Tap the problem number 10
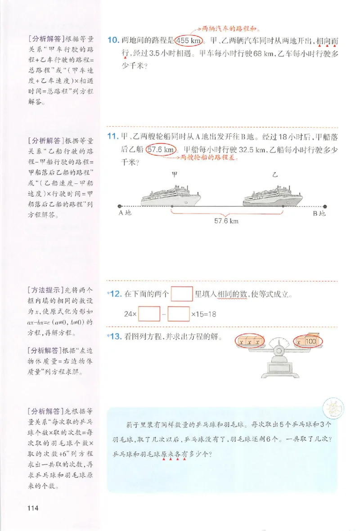113,40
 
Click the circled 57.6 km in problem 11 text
160,150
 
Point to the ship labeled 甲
171,196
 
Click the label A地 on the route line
125,213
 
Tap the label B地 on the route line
319,214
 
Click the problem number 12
116,295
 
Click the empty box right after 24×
149,313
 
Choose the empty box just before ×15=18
178,313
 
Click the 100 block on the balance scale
310,342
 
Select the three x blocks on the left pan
249,342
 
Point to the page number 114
33,509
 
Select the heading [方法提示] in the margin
45,290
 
